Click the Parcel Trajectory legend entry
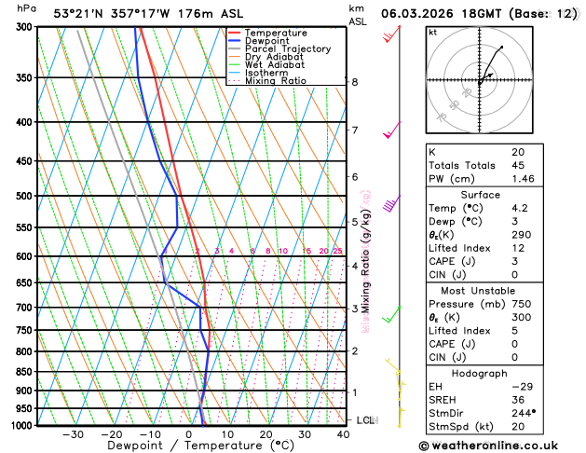pyautogui.click(x=287, y=48)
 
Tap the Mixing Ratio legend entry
pyautogui.click(x=276, y=80)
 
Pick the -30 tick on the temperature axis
pyautogui.click(x=73, y=434)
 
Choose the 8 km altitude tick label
pyautogui.click(x=354, y=82)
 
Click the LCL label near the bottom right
pyautogui.click(x=365, y=420)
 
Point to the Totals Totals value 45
pyautogui.click(x=518, y=165)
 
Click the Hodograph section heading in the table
pyautogui.click(x=479, y=374)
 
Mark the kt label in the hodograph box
pyautogui.click(x=432, y=33)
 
